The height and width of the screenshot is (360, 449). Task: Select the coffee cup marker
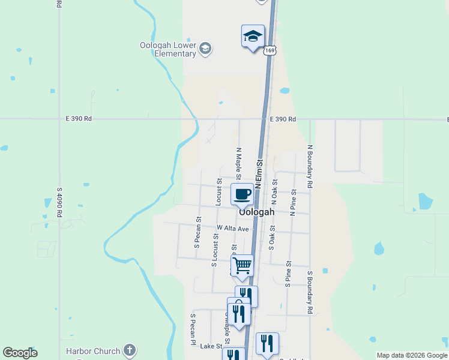(x=243, y=194)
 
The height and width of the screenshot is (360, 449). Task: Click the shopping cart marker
(x=243, y=265)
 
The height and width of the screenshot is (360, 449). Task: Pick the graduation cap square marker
(x=253, y=37)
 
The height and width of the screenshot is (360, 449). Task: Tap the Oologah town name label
(x=256, y=212)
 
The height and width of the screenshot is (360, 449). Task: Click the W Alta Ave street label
(x=233, y=229)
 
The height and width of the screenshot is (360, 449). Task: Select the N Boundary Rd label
(x=310, y=163)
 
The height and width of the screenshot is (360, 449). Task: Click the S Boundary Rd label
(x=310, y=293)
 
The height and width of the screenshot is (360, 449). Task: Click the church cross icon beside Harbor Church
(x=129, y=350)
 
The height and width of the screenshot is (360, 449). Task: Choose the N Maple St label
(x=238, y=164)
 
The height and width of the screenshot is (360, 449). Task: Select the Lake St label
(x=211, y=346)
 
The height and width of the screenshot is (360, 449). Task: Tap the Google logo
(x=20, y=353)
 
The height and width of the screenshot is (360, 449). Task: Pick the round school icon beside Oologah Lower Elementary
(x=205, y=49)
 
